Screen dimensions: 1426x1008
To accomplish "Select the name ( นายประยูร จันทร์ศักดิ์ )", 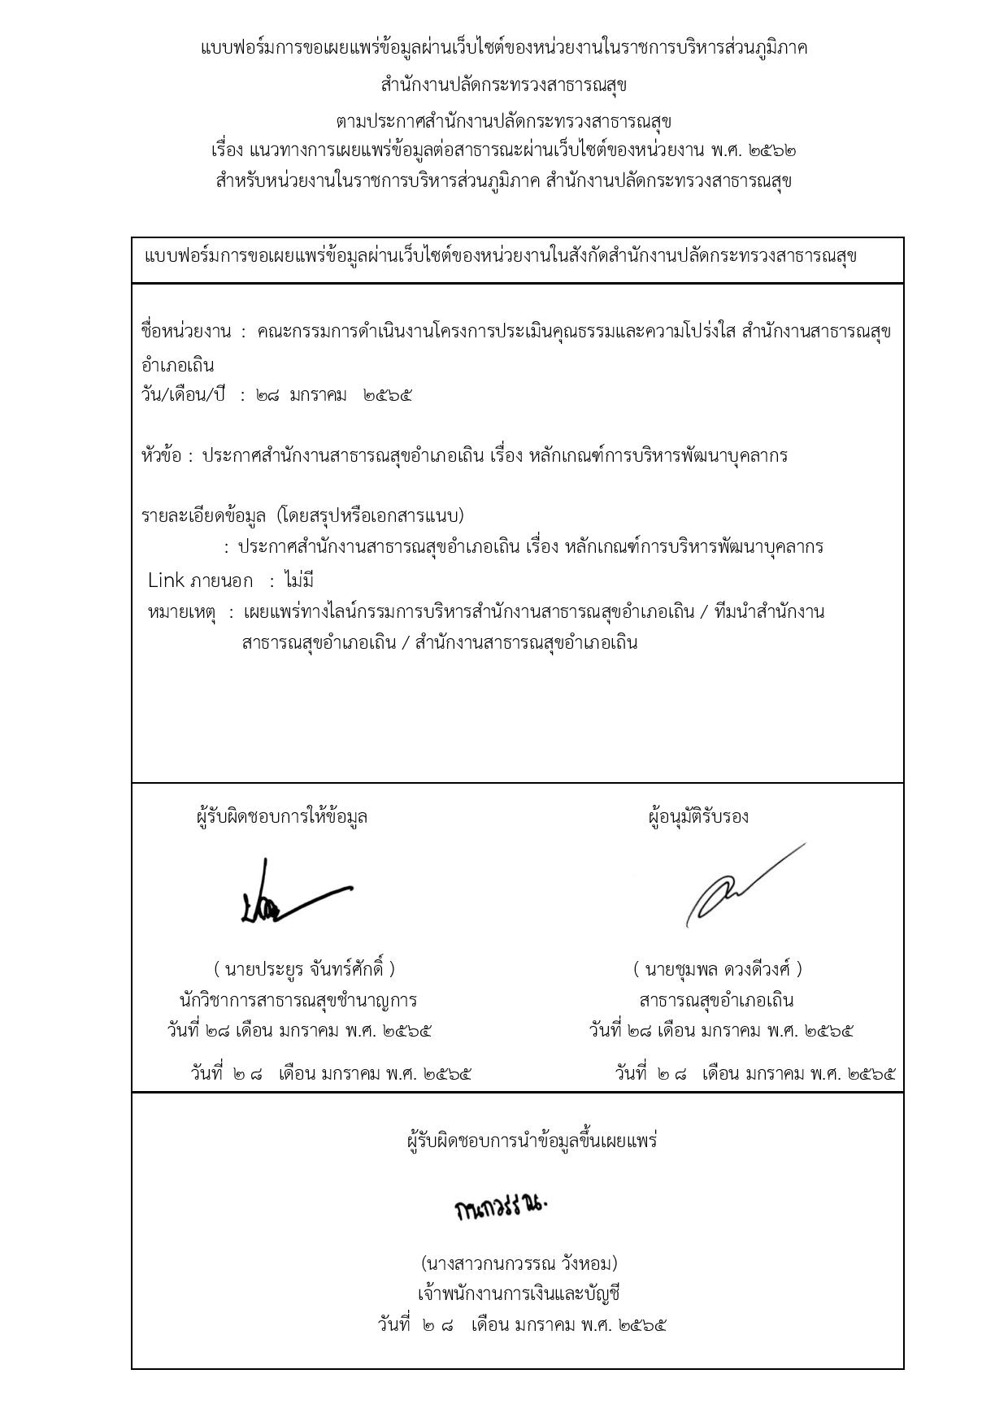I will (x=305, y=969).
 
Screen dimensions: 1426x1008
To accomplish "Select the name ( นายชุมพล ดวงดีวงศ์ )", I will (x=718, y=969).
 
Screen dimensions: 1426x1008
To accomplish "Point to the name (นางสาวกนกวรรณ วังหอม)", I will (x=519, y=1263).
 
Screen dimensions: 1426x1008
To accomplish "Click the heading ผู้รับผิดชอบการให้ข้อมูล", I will (x=282, y=816).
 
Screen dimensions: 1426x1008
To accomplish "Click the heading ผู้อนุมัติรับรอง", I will (x=698, y=816).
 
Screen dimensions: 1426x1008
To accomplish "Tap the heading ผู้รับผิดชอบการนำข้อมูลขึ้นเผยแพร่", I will (x=532, y=1141).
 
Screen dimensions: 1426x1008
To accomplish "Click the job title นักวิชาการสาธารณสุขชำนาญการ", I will (x=298, y=1000).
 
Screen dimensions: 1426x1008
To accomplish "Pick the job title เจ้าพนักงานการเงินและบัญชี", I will (x=519, y=1293).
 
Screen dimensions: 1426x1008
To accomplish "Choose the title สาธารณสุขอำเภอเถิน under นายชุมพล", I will (x=716, y=1000).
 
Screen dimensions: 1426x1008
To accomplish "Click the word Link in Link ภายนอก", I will (x=166, y=581).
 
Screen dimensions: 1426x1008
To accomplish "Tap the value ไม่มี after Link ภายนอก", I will (x=299, y=581).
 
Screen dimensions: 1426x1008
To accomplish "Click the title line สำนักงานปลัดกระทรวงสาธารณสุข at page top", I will (x=504, y=85).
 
